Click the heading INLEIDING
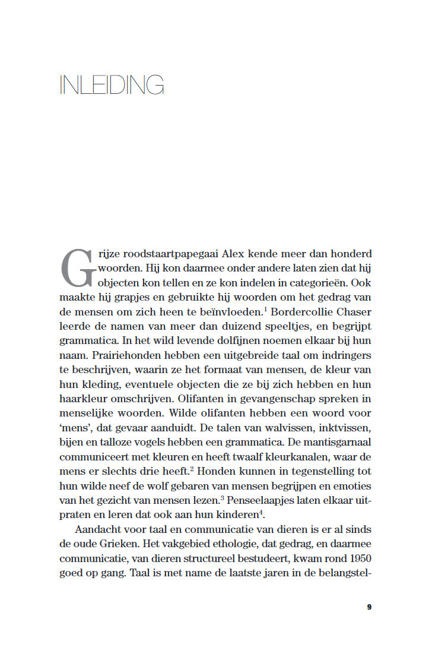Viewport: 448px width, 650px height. pyautogui.click(x=112, y=85)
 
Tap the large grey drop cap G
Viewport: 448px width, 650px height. pyautogui.click(x=78, y=269)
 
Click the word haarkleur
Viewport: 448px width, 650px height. pyautogui.click(x=82, y=399)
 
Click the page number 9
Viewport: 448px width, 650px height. pyautogui.click(x=368, y=607)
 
